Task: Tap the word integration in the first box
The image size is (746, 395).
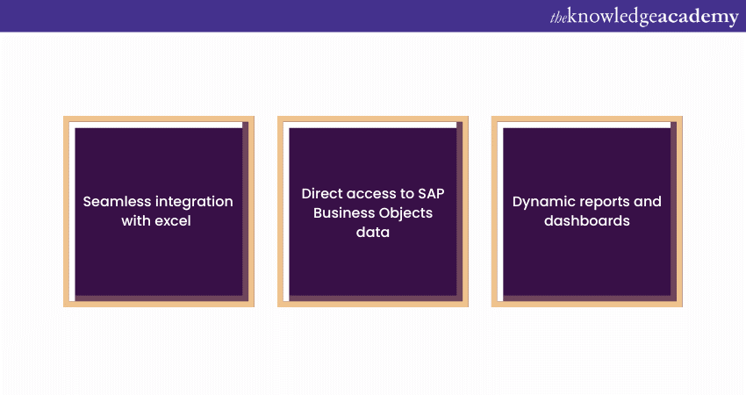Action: tap(194, 201)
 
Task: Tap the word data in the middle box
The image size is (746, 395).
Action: tap(373, 232)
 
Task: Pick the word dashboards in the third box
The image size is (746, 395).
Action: tap(586, 221)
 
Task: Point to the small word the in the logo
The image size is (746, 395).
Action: tap(558, 17)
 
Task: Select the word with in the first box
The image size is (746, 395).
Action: tap(137, 221)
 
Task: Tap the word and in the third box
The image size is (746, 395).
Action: tap(649, 201)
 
